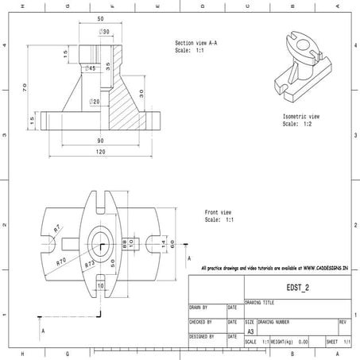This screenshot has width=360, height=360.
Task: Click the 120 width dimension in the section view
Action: coord(100,151)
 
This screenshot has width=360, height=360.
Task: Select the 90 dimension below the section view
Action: coord(100,141)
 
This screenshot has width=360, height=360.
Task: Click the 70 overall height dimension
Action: coord(25,85)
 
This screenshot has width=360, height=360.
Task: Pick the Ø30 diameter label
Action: coord(104,32)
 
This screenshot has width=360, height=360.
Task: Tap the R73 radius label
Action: coord(90,262)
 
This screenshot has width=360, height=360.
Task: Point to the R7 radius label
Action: coord(57,229)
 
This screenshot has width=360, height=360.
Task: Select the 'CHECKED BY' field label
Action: coord(199,322)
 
